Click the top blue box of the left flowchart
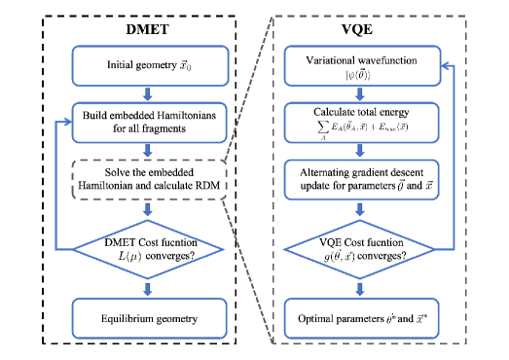pos(150,66)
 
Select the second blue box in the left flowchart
pos(150,123)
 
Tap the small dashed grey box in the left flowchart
pos(149,179)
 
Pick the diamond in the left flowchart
pos(148,249)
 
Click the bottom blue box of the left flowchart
pos(149,318)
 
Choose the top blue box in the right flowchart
pos(362,66)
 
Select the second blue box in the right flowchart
pos(361,123)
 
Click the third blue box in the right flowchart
pos(361,179)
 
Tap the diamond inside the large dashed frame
pos(359,249)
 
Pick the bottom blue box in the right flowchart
pos(361,318)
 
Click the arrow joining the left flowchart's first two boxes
pos(148,94)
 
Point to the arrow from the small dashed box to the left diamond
pos(148,209)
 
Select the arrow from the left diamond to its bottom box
pos(148,288)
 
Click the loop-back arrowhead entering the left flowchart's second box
pos(67,123)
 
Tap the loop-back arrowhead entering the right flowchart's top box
pos(446,66)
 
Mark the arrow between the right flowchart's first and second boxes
pos(360,94)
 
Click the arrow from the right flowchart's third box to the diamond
pos(360,209)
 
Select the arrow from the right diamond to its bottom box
pos(360,288)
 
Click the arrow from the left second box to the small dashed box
pos(148,151)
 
